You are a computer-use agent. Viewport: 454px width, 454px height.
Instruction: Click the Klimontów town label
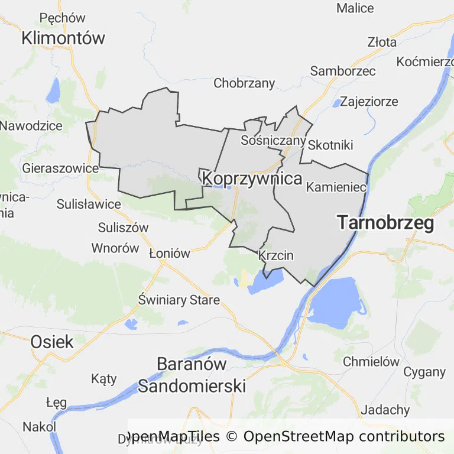[x=63, y=38]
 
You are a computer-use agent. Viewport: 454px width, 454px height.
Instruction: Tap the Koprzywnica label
[x=252, y=178]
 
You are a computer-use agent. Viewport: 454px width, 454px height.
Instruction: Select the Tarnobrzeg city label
[x=385, y=223]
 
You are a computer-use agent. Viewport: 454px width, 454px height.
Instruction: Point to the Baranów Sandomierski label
[x=192, y=375]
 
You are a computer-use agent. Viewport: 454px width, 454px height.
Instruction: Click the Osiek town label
[x=52, y=341]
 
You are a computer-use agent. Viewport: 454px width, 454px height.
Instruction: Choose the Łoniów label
[x=170, y=254]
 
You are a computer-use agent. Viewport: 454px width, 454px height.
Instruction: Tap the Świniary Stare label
[x=179, y=300]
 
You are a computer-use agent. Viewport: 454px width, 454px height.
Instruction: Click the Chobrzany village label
[x=244, y=83]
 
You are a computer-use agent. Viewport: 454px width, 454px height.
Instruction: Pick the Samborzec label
[x=343, y=71]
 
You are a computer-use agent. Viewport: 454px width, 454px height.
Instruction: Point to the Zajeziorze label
[x=369, y=101]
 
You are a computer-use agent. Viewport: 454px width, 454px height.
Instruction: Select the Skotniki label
[x=330, y=145]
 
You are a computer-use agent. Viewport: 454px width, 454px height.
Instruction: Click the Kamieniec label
[x=336, y=187]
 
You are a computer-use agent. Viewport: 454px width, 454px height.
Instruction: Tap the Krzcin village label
[x=276, y=256]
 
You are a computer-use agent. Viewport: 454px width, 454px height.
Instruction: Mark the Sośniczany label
[x=273, y=141]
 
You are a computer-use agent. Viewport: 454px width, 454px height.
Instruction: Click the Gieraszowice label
[x=60, y=168]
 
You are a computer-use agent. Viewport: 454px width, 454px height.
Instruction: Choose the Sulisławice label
[x=89, y=205]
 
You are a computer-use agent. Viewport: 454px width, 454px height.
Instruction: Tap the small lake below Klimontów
[x=54, y=90]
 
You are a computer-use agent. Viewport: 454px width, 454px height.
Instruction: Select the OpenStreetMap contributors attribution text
[x=344, y=437]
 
